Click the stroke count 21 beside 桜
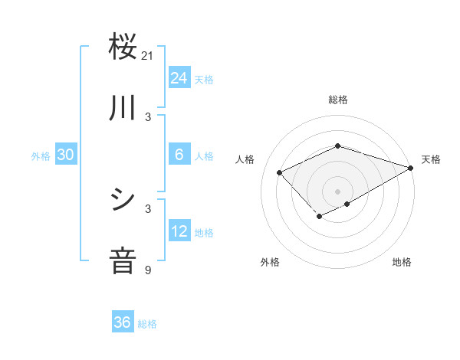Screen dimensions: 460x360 click(x=148, y=55)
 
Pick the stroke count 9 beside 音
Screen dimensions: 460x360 click(x=148, y=270)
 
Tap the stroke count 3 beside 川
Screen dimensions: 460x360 click(x=148, y=116)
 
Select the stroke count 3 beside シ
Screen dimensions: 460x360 click(x=148, y=208)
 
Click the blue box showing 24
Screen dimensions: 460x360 click(x=179, y=78)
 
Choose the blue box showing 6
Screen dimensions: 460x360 click(x=179, y=155)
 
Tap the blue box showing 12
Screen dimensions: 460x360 click(x=179, y=231)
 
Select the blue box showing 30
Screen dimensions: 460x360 click(x=66, y=155)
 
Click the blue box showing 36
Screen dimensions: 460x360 click(x=123, y=323)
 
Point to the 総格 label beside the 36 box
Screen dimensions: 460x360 click(x=147, y=324)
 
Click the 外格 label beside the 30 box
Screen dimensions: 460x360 click(x=41, y=155)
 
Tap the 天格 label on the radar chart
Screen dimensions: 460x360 click(x=431, y=159)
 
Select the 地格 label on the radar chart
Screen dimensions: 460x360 click(x=402, y=262)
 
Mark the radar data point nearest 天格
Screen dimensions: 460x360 click(x=412, y=168)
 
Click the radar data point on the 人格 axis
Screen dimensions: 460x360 click(x=280, y=172)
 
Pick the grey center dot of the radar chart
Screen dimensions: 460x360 click(x=337, y=191)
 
